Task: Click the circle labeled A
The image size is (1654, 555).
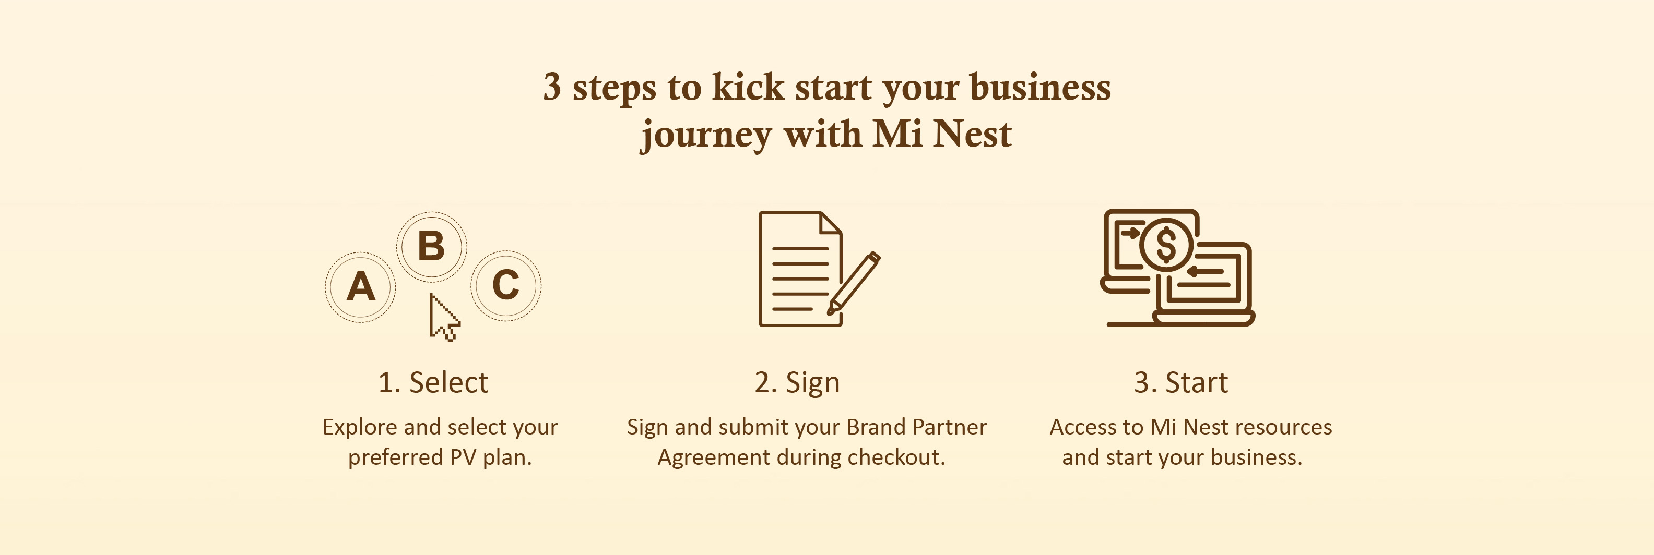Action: (x=360, y=286)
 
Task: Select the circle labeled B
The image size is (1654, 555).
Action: (x=431, y=246)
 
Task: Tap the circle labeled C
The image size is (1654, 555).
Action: (x=506, y=285)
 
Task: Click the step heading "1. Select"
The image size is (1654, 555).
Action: (x=433, y=382)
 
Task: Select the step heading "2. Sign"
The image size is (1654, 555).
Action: (x=797, y=382)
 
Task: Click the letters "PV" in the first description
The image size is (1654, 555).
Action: (x=463, y=457)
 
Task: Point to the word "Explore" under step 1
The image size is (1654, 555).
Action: (x=360, y=427)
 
